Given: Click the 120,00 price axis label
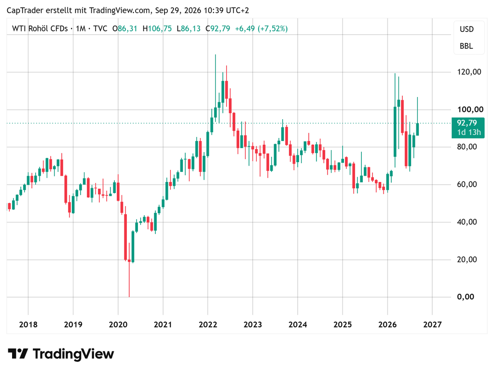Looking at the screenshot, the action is coord(469,72).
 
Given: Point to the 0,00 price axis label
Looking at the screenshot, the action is coord(466,297).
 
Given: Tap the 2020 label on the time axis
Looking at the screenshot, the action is coord(118,324).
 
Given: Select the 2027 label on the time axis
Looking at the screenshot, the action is coord(433,324).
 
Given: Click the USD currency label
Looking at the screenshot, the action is coord(467,29).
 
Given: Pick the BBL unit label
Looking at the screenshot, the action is coord(467,46).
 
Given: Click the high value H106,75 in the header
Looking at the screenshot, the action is coord(157,28).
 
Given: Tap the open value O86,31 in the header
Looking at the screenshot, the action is coord(125,28).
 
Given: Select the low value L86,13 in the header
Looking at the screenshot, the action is coord(189,28).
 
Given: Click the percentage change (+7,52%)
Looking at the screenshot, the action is coord(273,28).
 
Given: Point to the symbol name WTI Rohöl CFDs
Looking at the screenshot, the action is coord(40,28).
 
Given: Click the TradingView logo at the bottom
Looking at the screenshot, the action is coord(61,354).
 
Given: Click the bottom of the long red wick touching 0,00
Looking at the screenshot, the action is coord(129,296).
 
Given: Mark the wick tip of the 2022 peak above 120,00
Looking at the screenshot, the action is coord(216,55).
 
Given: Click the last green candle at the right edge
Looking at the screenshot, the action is coord(417,129).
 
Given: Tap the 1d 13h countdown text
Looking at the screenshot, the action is coord(469,132).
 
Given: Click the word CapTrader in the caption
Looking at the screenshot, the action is coord(25,11).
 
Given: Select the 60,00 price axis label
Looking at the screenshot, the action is coord(467,184).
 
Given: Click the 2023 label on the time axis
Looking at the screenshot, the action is coord(253,324).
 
